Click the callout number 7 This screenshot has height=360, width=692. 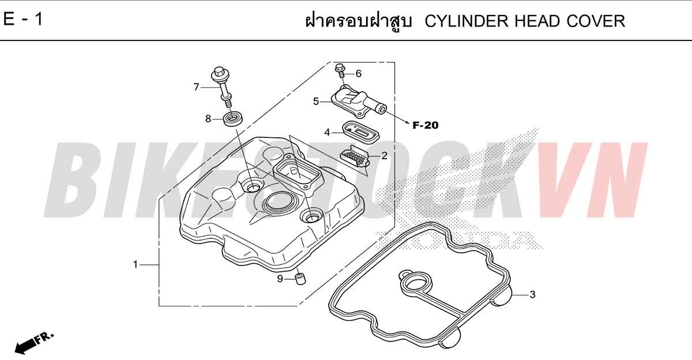coord(196,87)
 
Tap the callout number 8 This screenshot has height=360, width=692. coord(208,119)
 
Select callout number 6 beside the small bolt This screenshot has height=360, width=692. coord(358,73)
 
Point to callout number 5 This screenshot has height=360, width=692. coord(316,102)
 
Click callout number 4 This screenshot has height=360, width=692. coord(327,133)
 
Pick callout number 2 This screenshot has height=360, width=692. coord(384,156)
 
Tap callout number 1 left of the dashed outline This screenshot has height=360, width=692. coord(136,264)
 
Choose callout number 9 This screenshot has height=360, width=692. coord(280,279)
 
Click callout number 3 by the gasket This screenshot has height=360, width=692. coord(533,294)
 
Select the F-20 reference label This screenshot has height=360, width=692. coord(426,125)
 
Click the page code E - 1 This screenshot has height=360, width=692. coord(23,19)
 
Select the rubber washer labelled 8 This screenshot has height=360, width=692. coord(232,119)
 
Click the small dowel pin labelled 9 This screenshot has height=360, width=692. coord(300,279)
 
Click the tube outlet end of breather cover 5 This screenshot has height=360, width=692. coord(382,109)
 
